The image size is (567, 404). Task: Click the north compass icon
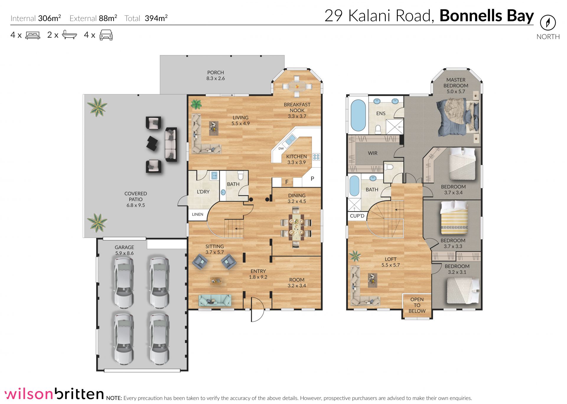(548, 23)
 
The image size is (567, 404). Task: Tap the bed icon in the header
(33, 35)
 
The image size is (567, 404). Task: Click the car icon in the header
(106, 35)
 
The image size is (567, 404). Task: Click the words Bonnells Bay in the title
(486, 16)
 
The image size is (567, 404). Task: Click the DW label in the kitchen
(281, 148)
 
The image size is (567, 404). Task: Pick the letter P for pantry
(312, 179)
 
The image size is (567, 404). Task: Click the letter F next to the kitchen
(287, 182)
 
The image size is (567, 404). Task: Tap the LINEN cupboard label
(198, 214)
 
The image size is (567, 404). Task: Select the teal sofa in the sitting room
(215, 300)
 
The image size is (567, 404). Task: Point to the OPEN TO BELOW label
(417, 305)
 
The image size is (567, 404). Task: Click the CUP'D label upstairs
(357, 216)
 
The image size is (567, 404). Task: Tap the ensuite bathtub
(358, 115)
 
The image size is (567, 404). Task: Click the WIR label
(373, 153)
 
